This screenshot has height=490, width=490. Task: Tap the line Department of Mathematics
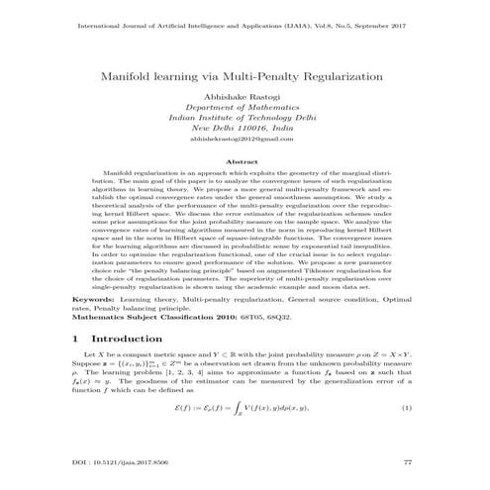(x=244, y=110)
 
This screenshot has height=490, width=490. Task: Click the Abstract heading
(x=244, y=161)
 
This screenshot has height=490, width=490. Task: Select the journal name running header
(x=244, y=16)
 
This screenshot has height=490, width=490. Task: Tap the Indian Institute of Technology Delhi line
(x=244, y=120)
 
